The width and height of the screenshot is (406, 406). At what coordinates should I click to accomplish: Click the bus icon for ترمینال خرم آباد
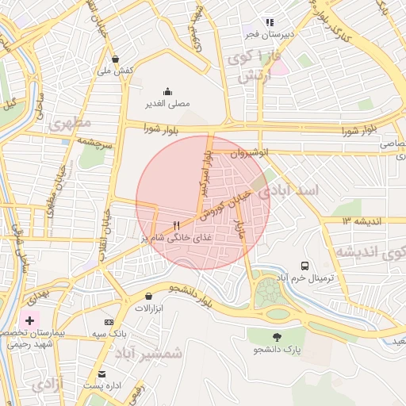[305, 266]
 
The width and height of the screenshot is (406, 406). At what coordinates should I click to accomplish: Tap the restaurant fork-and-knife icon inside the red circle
[176, 224]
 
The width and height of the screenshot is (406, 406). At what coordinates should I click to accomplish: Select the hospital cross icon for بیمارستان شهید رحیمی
[30, 320]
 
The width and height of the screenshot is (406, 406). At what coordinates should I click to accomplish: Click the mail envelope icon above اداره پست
[101, 373]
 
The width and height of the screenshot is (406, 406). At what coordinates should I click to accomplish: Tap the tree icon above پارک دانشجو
[277, 336]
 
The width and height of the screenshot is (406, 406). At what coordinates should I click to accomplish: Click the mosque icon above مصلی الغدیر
[167, 91]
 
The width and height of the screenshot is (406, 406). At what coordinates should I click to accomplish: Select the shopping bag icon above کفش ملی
[116, 59]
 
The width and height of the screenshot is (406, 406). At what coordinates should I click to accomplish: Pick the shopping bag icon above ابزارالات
[148, 296]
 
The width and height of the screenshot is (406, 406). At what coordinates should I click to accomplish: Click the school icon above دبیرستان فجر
[270, 22]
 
